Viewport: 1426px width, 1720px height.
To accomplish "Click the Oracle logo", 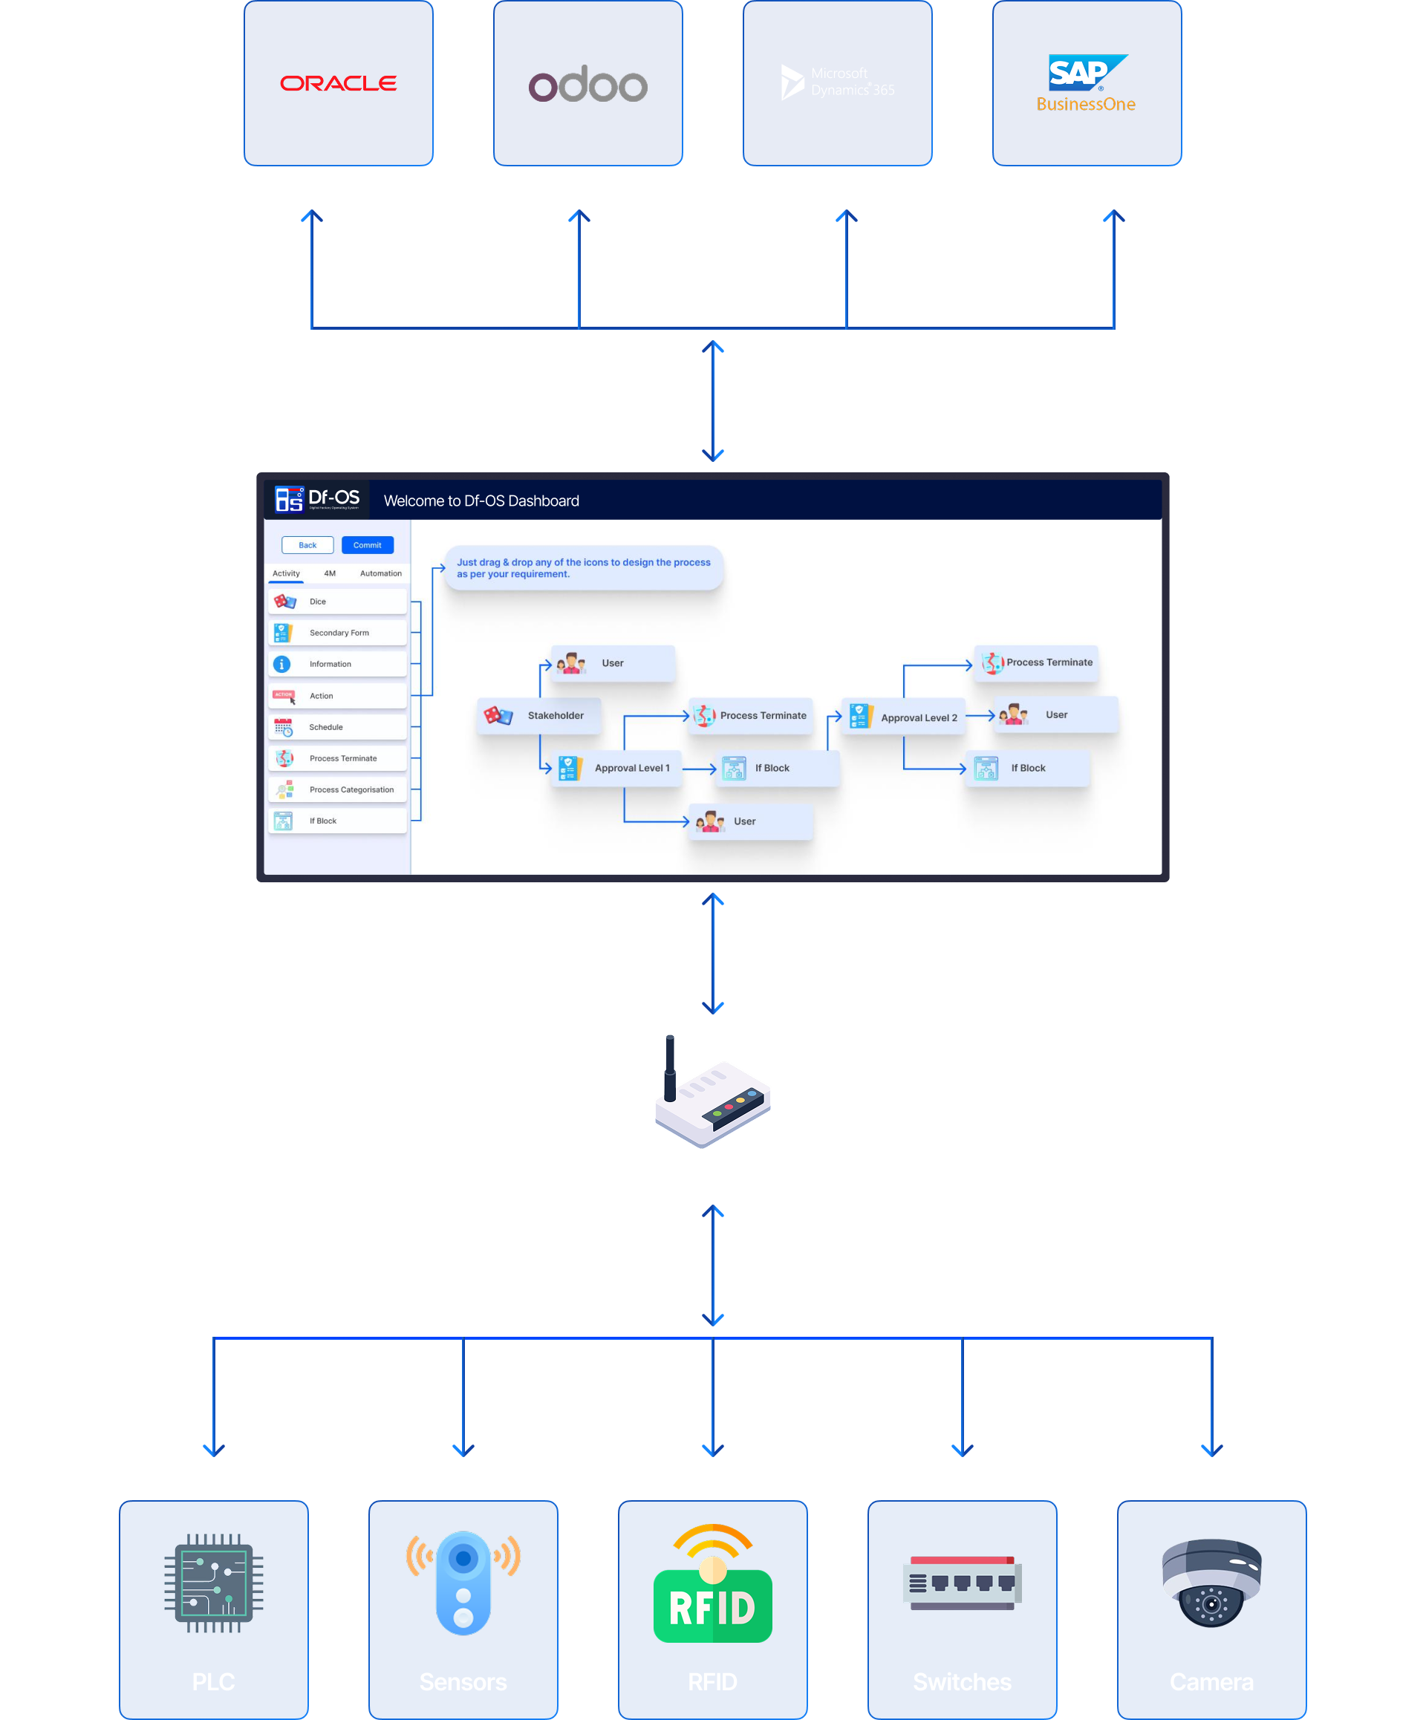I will tap(338, 82).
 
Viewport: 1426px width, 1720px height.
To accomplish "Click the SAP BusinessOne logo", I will tap(1086, 82).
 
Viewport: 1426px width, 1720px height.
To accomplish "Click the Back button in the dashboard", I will tap(307, 544).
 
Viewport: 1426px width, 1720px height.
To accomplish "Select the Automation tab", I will tap(380, 573).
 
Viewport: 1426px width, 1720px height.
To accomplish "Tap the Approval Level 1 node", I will tap(616, 768).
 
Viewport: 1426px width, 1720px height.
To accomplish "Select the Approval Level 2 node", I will tap(902, 717).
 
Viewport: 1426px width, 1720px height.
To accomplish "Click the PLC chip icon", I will tap(214, 1583).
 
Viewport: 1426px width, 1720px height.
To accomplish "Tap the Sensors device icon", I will tap(463, 1583).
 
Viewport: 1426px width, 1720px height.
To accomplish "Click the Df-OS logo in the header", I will tap(317, 499).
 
